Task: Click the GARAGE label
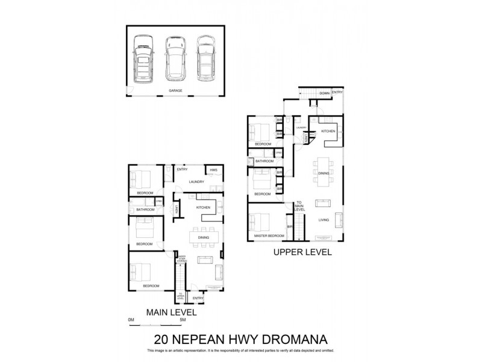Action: click(x=175, y=91)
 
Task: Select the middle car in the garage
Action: click(x=174, y=59)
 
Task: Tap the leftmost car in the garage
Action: click(x=143, y=59)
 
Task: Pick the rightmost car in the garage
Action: click(x=205, y=59)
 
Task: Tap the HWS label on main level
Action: click(x=213, y=170)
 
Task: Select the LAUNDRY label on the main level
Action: click(x=196, y=182)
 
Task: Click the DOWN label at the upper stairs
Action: click(x=324, y=93)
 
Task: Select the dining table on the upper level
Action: click(x=324, y=171)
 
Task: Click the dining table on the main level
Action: click(x=203, y=237)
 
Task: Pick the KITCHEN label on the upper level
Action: click(x=328, y=131)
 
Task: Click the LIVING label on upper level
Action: click(x=324, y=220)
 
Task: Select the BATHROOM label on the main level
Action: click(x=145, y=209)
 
